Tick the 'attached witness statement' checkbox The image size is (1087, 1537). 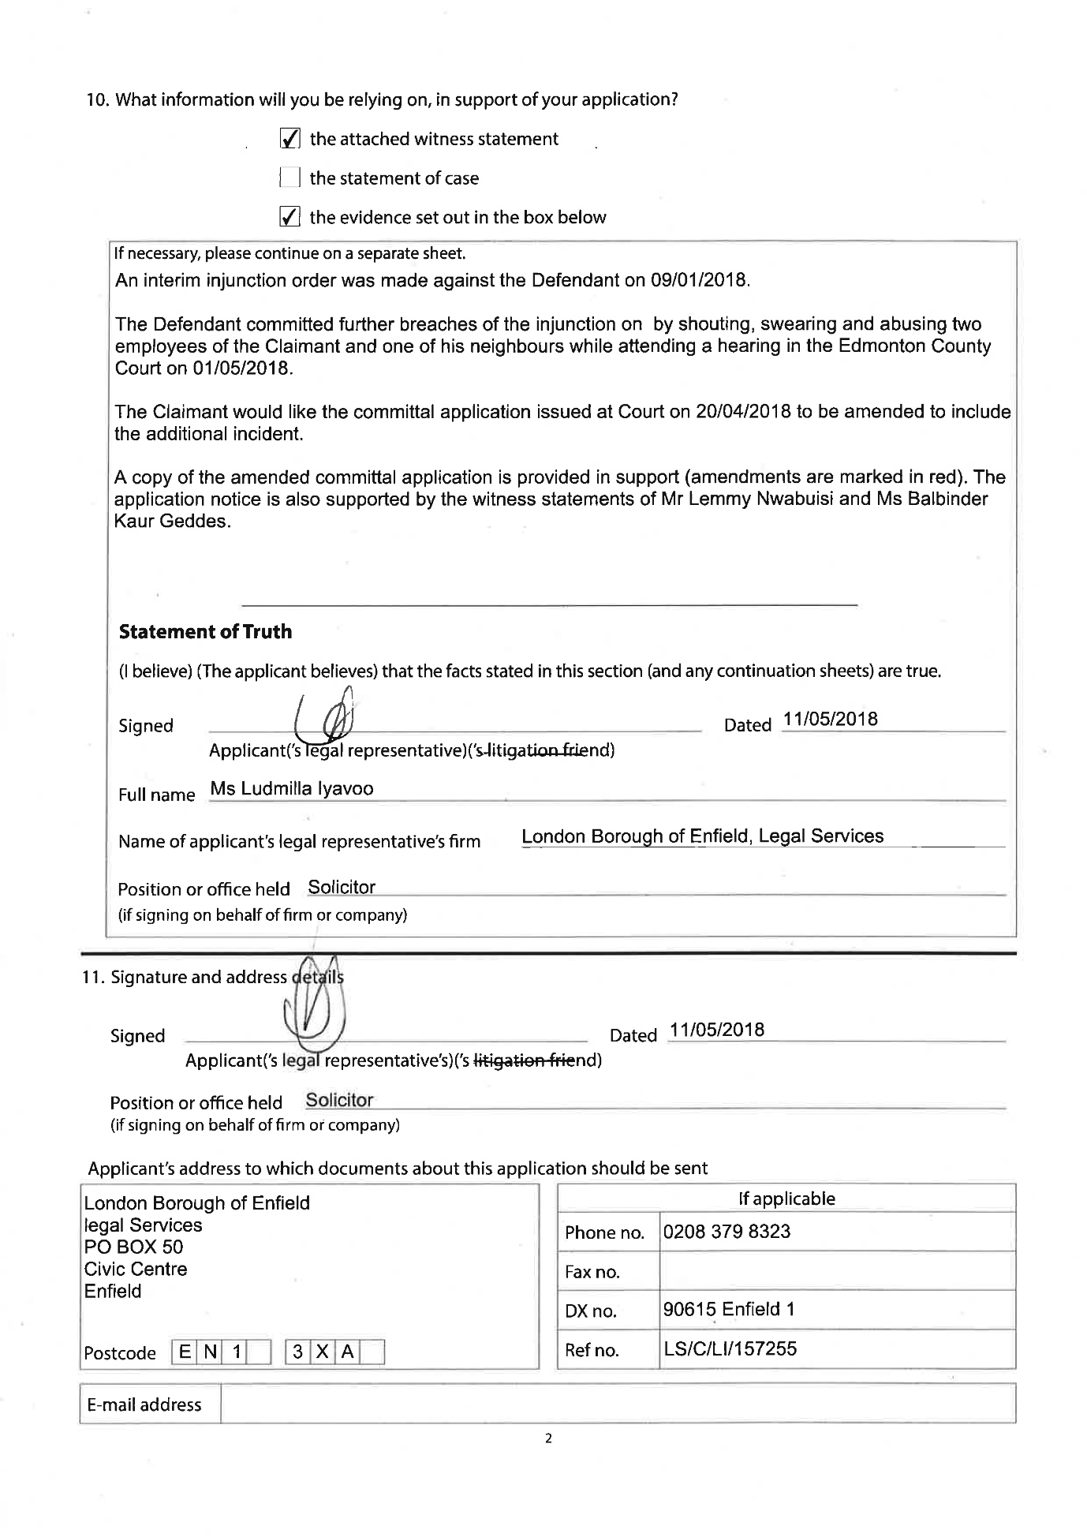click(x=289, y=140)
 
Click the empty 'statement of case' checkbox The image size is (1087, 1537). click(x=289, y=178)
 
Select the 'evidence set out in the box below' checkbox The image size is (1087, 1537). click(x=289, y=217)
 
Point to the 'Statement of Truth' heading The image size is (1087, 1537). click(x=205, y=632)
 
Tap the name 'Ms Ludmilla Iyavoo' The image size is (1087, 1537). click(x=292, y=789)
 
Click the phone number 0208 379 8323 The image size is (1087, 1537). click(x=727, y=1232)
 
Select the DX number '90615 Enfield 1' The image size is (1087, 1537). click(x=729, y=1310)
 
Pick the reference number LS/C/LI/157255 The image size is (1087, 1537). click(x=730, y=1348)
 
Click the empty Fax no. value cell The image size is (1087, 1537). click(x=836, y=1271)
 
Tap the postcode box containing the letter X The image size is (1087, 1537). click(x=322, y=1352)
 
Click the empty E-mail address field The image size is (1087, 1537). click(x=617, y=1404)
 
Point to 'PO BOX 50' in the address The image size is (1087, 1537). click(x=133, y=1247)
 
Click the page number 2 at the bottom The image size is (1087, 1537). click(x=548, y=1438)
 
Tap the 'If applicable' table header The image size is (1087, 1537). click(x=786, y=1199)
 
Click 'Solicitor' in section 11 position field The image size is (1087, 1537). click(x=339, y=1101)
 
